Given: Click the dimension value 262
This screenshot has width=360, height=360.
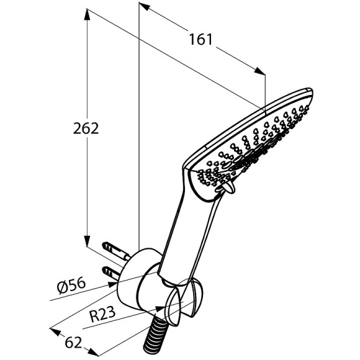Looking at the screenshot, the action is [x=86, y=128].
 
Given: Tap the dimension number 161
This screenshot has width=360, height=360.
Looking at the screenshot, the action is [x=201, y=39].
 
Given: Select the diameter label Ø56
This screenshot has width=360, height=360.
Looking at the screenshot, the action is [x=71, y=286].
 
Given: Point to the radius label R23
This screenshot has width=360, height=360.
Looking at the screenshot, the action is [x=102, y=314].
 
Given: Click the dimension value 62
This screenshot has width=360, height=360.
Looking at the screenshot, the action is [x=73, y=343].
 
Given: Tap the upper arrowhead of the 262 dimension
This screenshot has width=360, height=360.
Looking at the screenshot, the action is [x=87, y=15].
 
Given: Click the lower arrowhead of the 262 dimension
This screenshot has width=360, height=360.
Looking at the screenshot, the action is [x=87, y=240].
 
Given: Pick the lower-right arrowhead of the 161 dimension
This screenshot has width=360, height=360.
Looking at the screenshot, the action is [x=259, y=71].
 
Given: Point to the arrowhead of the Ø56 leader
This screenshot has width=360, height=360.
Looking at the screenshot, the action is [x=113, y=285].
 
